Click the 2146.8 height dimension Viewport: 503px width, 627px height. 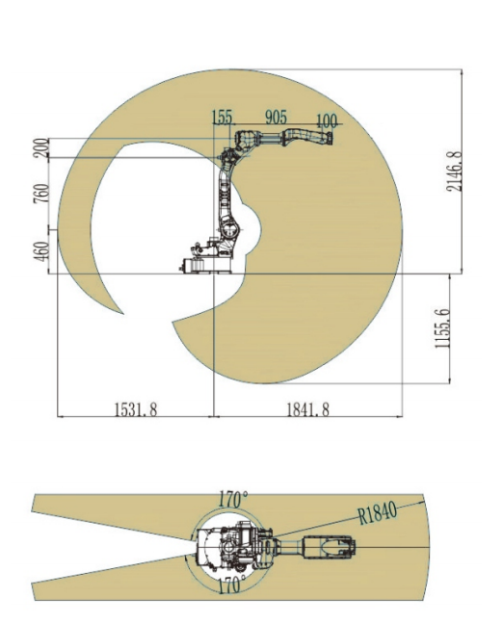(x=455, y=170)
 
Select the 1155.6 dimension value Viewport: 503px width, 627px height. (x=442, y=328)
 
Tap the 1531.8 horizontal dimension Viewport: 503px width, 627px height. (x=136, y=409)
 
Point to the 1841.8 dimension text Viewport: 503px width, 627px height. (x=307, y=409)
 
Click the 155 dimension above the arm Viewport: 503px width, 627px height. (x=222, y=118)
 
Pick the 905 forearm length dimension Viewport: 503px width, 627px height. (x=277, y=117)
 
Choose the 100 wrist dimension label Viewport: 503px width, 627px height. (x=327, y=120)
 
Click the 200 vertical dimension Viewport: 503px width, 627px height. (x=41, y=147)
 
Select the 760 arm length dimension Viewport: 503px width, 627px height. (x=41, y=194)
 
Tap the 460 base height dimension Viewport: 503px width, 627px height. (x=41, y=251)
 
